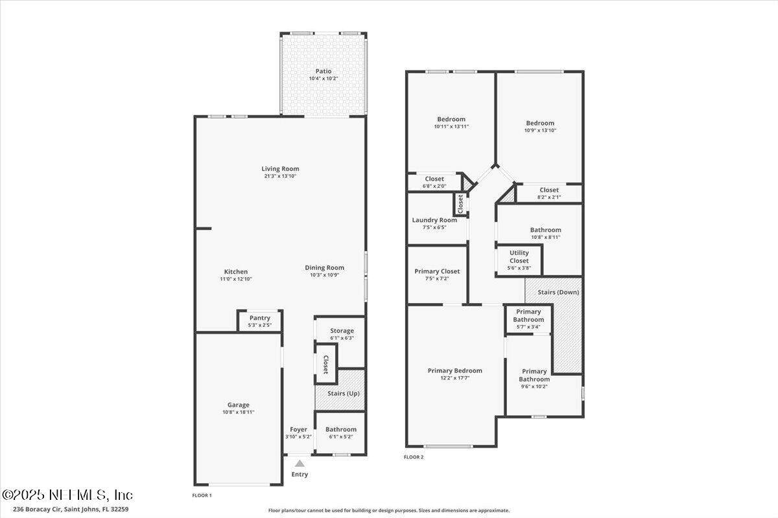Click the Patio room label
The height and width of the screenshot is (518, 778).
(324, 71)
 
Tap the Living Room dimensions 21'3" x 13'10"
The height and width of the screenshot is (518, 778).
(280, 176)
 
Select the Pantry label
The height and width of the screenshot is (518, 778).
(260, 318)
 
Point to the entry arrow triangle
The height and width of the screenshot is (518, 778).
(300, 464)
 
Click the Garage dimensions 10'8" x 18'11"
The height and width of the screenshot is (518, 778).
(239, 412)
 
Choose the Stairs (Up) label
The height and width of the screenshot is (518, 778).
(344, 394)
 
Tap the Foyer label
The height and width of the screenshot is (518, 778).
(299, 429)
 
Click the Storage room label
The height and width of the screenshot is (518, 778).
(342, 331)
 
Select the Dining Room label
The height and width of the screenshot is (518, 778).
(324, 267)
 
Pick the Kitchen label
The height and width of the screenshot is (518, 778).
(236, 272)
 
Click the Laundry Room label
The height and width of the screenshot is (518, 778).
(434, 220)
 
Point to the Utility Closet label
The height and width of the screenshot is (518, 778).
(519, 257)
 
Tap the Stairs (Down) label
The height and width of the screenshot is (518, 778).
(558, 292)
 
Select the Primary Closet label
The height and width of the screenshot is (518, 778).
(437, 271)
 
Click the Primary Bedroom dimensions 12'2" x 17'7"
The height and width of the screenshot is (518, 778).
(455, 378)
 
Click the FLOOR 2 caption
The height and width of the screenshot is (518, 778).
(414, 457)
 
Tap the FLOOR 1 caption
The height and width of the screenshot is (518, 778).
(202, 495)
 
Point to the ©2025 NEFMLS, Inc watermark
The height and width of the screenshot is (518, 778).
(67, 495)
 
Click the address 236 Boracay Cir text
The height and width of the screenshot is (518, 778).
(38, 510)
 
